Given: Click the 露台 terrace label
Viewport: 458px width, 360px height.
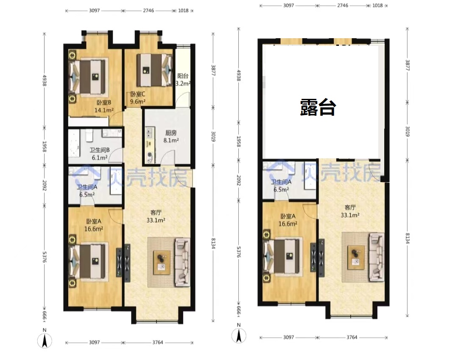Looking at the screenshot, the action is click(318, 108).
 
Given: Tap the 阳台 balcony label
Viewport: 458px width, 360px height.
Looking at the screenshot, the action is click(183, 76).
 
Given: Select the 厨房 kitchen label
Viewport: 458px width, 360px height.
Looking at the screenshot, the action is click(171, 133).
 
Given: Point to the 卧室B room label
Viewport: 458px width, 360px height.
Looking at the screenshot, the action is click(104, 103).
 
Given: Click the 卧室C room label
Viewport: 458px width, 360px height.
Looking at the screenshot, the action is click(137, 94).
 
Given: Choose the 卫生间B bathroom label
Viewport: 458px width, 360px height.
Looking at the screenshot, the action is click(100, 150).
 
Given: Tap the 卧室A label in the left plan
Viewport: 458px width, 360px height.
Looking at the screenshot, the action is click(93, 221).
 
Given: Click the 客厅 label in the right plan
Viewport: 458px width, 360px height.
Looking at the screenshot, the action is click(350, 207).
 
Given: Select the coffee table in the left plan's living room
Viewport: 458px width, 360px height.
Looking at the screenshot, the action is click(162, 262).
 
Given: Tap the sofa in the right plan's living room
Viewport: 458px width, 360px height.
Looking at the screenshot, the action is click(377, 257).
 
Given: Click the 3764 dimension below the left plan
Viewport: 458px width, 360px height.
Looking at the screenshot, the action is click(158, 343).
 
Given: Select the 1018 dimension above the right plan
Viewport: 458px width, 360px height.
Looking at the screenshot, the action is click(377, 6).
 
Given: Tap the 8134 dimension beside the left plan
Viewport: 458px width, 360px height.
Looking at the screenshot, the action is click(213, 243).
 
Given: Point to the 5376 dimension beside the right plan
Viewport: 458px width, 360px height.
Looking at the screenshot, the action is click(239, 252).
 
